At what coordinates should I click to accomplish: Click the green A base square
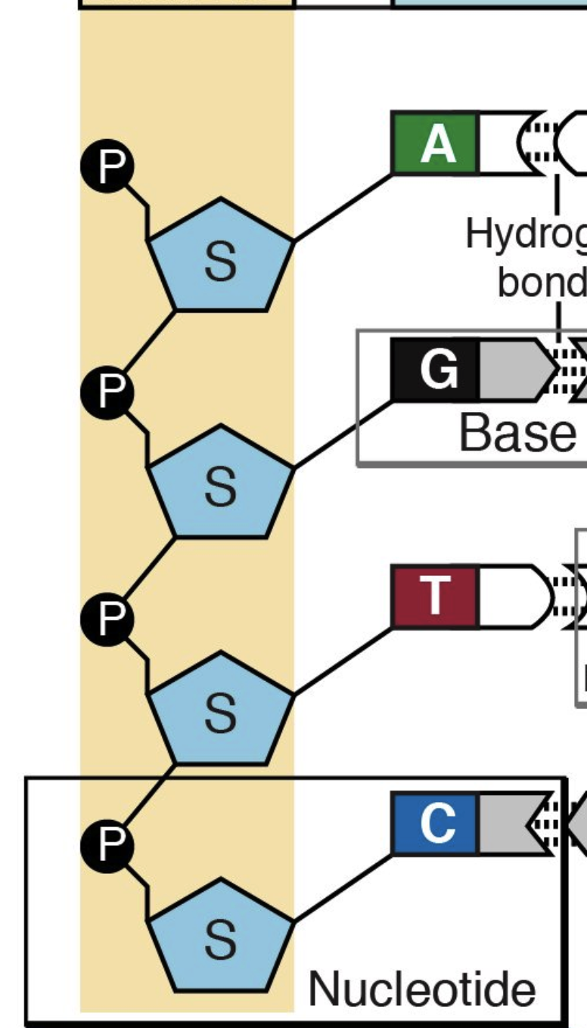[434, 144]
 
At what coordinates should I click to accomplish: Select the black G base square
[434, 370]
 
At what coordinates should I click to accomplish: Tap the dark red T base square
[434, 596]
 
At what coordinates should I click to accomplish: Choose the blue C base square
[434, 823]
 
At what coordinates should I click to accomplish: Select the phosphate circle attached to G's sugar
[107, 391]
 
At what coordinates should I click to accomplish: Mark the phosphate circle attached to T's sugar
[107, 618]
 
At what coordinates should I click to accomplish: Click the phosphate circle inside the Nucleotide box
[107, 844]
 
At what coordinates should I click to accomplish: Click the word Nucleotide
[421, 988]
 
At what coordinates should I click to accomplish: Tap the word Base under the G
[517, 432]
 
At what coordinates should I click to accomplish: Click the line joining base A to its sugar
[343, 207]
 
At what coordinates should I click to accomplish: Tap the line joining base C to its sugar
[343, 887]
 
